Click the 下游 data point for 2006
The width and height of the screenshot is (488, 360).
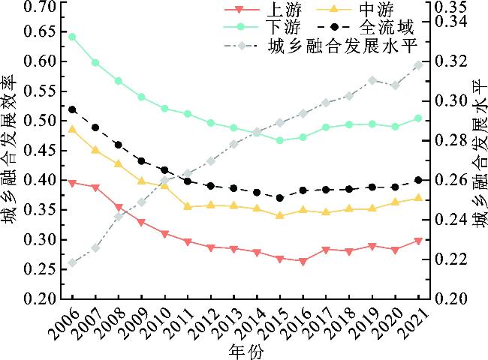click(x=72, y=37)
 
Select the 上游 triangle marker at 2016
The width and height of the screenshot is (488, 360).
click(x=303, y=262)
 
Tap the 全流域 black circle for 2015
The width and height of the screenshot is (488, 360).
click(x=279, y=198)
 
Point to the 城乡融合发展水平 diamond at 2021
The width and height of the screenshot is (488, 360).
click(x=418, y=65)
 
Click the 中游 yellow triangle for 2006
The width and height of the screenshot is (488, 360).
click(x=72, y=130)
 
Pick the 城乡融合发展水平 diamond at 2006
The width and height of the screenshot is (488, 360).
click(x=72, y=262)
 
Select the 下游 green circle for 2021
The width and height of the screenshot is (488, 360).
click(x=418, y=118)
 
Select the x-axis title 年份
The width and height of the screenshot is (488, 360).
click(x=246, y=350)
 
